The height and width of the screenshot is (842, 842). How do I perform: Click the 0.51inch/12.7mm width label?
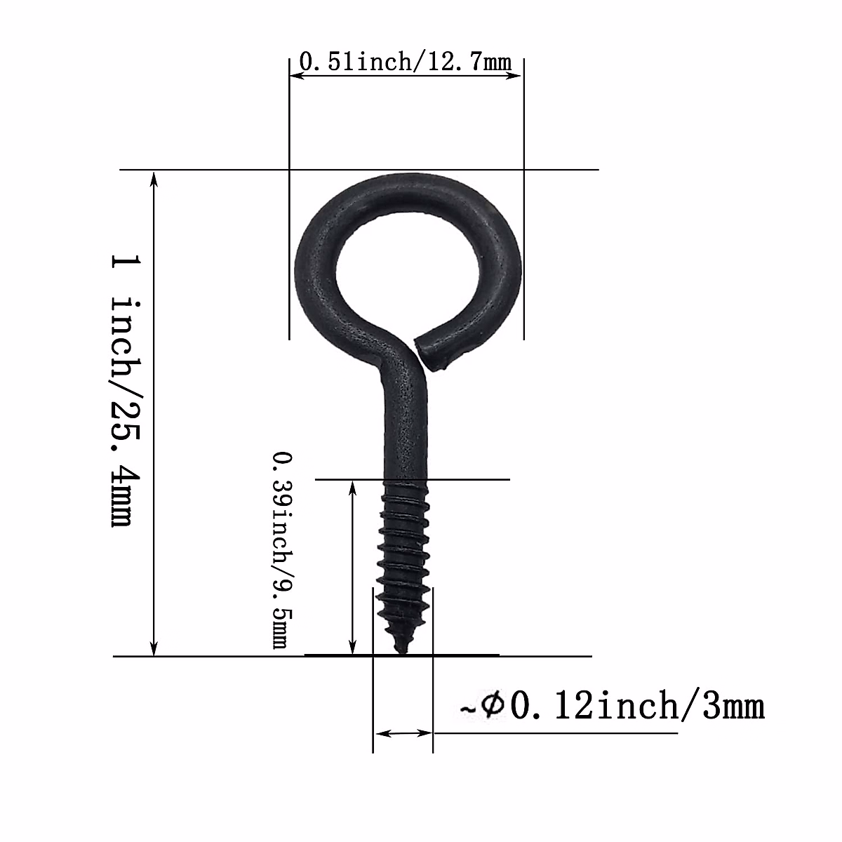point(406,62)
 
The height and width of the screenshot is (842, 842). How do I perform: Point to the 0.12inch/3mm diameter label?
point(636,706)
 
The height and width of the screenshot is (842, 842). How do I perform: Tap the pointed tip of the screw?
point(402,650)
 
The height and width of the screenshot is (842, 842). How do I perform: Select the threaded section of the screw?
point(402,554)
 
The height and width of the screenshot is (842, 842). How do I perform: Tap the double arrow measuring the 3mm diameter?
point(403,733)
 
